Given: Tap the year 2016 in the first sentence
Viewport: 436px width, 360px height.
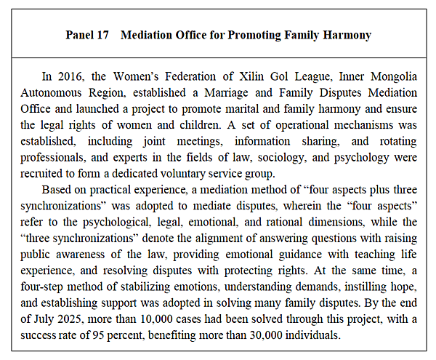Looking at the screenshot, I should pyautogui.click(x=70, y=79).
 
